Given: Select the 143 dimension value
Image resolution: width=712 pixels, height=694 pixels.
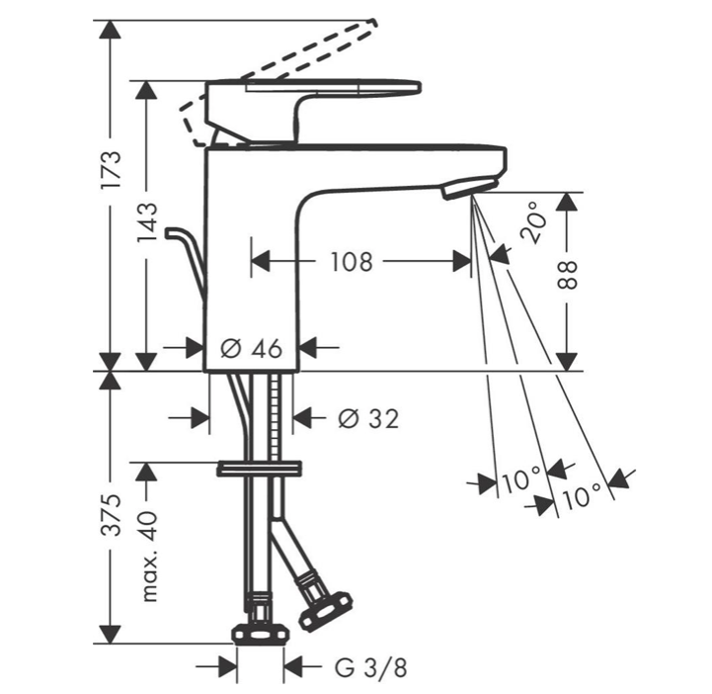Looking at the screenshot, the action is [147, 222].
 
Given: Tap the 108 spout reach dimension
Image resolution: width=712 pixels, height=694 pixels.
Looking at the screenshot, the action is [352, 262].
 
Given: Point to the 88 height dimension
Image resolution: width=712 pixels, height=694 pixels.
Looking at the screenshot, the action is [568, 275].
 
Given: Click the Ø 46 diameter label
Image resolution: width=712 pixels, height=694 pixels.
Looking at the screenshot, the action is [252, 349].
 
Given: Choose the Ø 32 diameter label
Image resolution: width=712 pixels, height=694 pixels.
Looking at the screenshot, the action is [368, 418].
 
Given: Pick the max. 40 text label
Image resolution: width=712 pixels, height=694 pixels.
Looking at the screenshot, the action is [148, 557].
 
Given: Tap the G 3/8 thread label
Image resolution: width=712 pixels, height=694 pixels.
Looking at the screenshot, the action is [371, 668].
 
